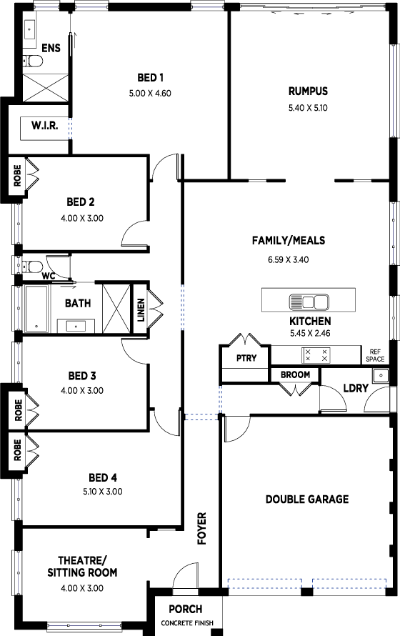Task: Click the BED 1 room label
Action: pos(150,77)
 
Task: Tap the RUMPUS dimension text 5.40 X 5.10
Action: pos(308,108)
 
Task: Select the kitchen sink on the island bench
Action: pos(309,302)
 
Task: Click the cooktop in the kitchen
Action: pos(316,356)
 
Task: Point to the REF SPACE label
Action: pos(375,356)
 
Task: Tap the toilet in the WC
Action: pos(31,267)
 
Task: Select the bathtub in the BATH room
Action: pos(36,309)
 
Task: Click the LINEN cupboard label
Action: pos(141,310)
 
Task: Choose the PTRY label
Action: pos(246,358)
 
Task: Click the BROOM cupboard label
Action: pos(296,374)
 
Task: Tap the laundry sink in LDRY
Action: pos(381,375)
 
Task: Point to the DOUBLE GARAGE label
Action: pos(307,499)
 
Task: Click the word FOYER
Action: pos(201,528)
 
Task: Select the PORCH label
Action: pos(186,609)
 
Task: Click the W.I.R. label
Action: pos(44,125)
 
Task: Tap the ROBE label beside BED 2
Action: pos(17,176)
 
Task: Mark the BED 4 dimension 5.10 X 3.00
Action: pos(103,492)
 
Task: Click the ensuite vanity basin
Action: pos(30,29)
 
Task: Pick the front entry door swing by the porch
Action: pos(184,574)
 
